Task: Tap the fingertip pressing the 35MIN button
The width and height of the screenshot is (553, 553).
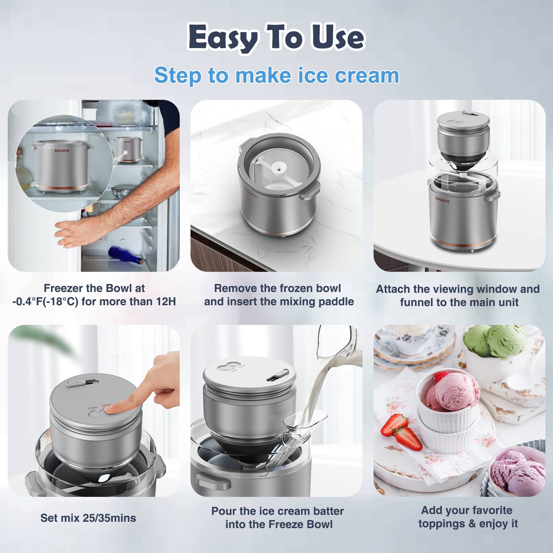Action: pos(112,410)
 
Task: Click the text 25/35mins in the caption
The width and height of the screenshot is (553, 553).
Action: pos(109,518)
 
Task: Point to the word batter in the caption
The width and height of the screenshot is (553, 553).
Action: pos(328,511)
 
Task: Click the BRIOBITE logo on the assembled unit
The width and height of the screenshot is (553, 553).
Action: pos(442,200)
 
